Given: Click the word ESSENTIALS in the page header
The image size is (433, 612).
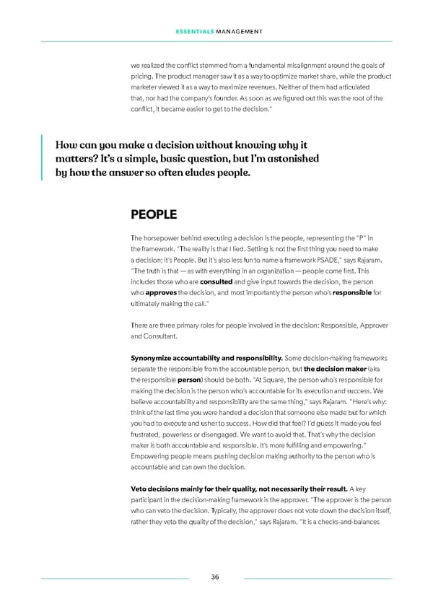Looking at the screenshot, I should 193,31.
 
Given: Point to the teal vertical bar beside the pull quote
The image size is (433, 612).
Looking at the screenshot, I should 43,157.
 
